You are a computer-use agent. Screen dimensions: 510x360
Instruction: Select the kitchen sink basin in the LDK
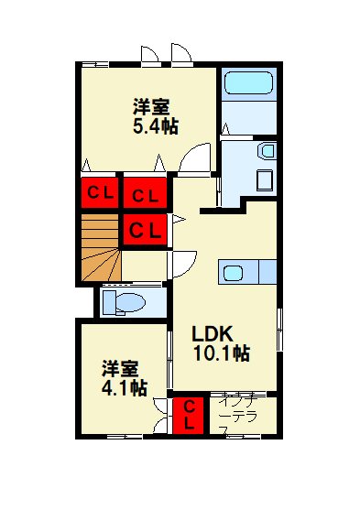(x=232, y=272)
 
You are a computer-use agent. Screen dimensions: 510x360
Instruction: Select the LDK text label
(x=213, y=332)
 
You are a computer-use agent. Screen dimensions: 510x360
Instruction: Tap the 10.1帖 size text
(x=221, y=353)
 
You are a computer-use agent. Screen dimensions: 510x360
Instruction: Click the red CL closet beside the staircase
(x=144, y=229)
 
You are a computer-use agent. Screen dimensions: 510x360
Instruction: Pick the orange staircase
(x=99, y=247)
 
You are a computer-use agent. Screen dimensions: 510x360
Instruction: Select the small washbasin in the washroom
(x=267, y=151)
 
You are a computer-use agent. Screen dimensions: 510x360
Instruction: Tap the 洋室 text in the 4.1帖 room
(x=120, y=369)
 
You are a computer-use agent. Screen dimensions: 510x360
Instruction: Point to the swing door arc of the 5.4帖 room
(x=194, y=161)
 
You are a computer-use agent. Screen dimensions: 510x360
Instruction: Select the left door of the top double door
(x=151, y=55)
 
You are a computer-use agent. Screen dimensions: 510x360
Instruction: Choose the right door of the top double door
(x=180, y=55)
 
